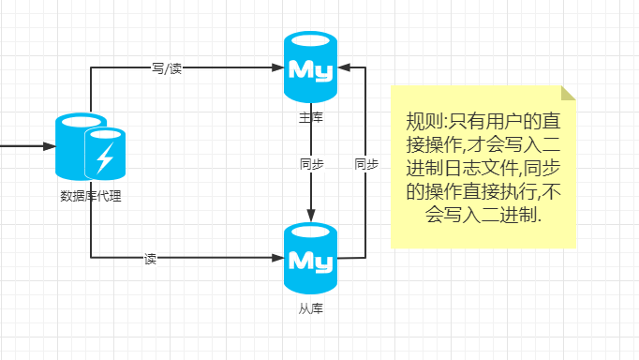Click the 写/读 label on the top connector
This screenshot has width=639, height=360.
[168, 67]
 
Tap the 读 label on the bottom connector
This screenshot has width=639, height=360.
[150, 258]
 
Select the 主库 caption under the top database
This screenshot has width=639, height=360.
[310, 118]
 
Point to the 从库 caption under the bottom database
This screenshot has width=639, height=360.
[310, 307]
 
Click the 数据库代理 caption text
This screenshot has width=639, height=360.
[91, 196]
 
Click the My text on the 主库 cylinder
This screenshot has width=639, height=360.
[310, 68]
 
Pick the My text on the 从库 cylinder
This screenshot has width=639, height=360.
[310, 258]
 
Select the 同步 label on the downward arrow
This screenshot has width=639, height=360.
[311, 163]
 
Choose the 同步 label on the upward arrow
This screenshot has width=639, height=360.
[365, 163]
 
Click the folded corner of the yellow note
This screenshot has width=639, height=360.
[568, 92]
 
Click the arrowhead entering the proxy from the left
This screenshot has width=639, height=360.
[51, 146]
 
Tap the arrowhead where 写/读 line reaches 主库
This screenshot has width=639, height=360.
[279, 67]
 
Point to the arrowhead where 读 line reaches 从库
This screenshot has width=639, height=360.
[279, 258]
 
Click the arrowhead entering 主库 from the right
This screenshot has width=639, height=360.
[342, 67]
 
